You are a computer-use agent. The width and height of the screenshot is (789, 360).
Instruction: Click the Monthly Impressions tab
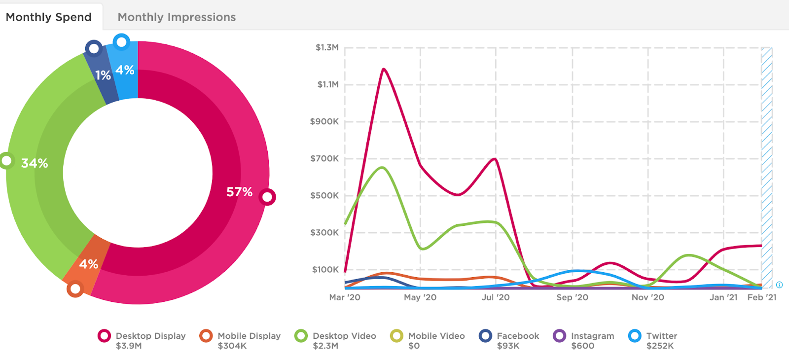point(177,17)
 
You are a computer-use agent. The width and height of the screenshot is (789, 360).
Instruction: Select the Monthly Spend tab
point(48,17)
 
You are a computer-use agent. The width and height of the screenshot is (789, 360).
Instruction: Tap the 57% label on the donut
point(239,192)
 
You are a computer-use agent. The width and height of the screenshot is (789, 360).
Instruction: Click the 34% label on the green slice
point(35,163)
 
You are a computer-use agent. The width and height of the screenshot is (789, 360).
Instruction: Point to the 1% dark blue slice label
point(103,75)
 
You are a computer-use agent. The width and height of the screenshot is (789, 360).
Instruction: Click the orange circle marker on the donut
point(75,289)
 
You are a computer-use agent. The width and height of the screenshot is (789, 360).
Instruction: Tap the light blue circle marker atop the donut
point(121,42)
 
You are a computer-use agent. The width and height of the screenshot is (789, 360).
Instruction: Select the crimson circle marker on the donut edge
point(267,197)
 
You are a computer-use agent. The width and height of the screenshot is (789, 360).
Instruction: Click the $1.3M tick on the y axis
point(327,47)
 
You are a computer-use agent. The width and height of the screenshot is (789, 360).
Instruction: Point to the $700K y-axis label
point(324,158)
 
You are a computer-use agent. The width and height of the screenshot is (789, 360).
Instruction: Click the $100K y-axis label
point(325,269)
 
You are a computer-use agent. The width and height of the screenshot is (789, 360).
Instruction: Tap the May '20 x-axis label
point(420,297)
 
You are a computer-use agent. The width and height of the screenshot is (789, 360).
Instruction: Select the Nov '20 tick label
point(647,297)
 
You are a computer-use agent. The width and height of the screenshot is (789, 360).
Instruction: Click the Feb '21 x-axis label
point(761,297)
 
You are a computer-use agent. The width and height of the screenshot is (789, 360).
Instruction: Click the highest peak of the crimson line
point(383,69)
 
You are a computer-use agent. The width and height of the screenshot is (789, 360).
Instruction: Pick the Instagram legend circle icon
point(560,336)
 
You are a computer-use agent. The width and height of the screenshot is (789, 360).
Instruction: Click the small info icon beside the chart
point(779,285)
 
